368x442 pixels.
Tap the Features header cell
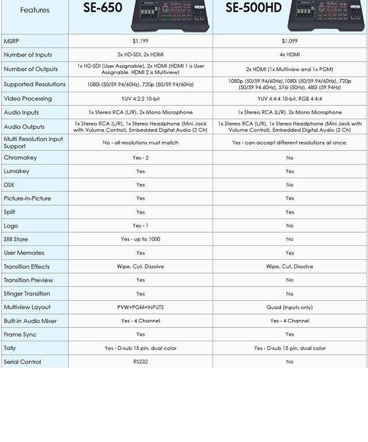point(35,10)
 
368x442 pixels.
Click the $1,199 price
point(141,41)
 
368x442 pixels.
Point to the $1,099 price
point(290,41)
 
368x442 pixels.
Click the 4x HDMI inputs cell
point(290,55)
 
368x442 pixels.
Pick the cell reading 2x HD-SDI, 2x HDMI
point(141,55)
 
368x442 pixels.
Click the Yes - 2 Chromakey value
point(141,157)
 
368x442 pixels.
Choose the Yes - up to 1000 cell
point(141,239)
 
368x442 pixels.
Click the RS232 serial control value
point(141,362)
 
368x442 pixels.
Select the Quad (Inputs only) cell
point(290,307)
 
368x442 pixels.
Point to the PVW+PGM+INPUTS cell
point(141,307)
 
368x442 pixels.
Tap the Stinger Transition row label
point(27,294)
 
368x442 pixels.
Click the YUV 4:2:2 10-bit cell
point(141,99)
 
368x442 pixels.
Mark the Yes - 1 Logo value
point(141,225)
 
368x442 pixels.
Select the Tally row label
point(10,348)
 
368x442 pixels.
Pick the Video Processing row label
point(27,99)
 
